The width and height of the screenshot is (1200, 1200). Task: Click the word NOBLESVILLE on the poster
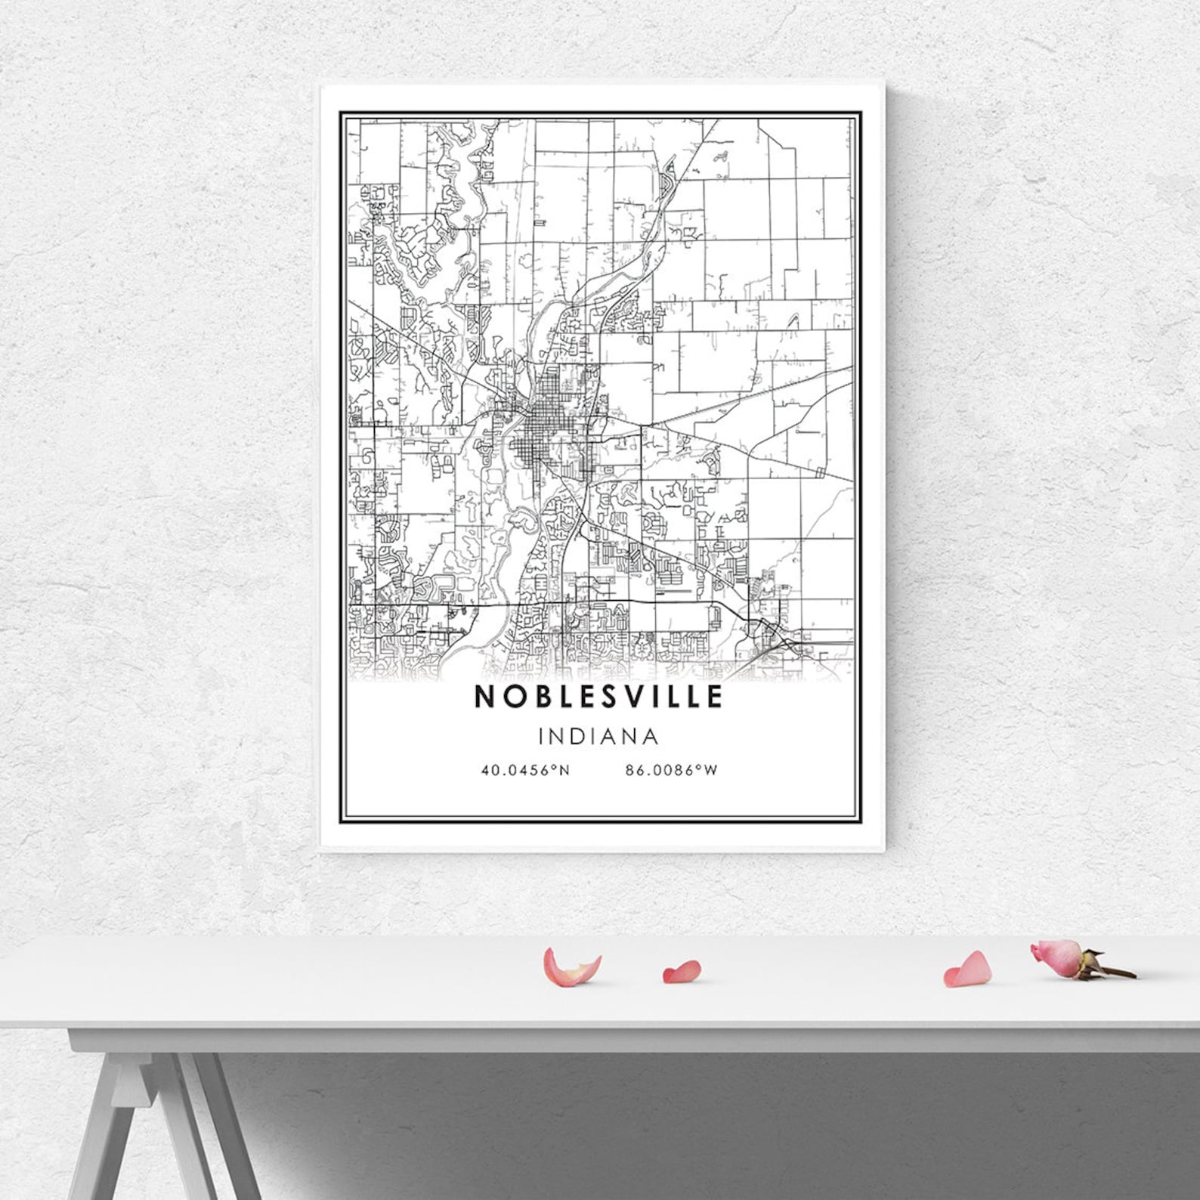coord(598,697)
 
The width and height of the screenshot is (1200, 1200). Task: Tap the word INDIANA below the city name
coord(599,736)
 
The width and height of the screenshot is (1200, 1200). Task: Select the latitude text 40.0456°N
coord(525,771)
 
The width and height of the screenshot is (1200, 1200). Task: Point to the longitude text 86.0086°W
coord(671,771)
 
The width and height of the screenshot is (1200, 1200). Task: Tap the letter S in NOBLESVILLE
coord(614,697)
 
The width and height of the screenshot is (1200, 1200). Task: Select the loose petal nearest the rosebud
coord(968,970)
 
